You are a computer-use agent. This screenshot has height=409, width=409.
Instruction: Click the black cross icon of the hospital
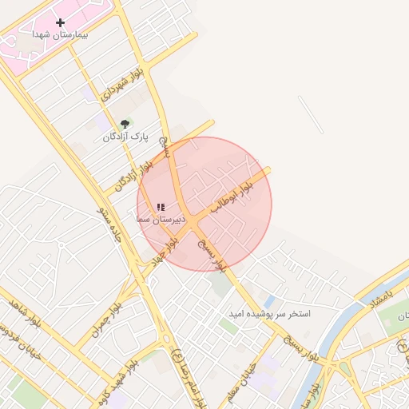tap(60, 22)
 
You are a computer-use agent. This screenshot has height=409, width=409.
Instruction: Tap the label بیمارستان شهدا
tap(60, 36)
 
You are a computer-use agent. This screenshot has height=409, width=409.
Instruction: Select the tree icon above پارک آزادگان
tap(124, 124)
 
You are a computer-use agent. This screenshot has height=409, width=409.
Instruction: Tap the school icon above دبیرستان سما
tap(161, 207)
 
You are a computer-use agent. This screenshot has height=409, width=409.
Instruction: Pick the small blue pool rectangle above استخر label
tap(268, 302)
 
